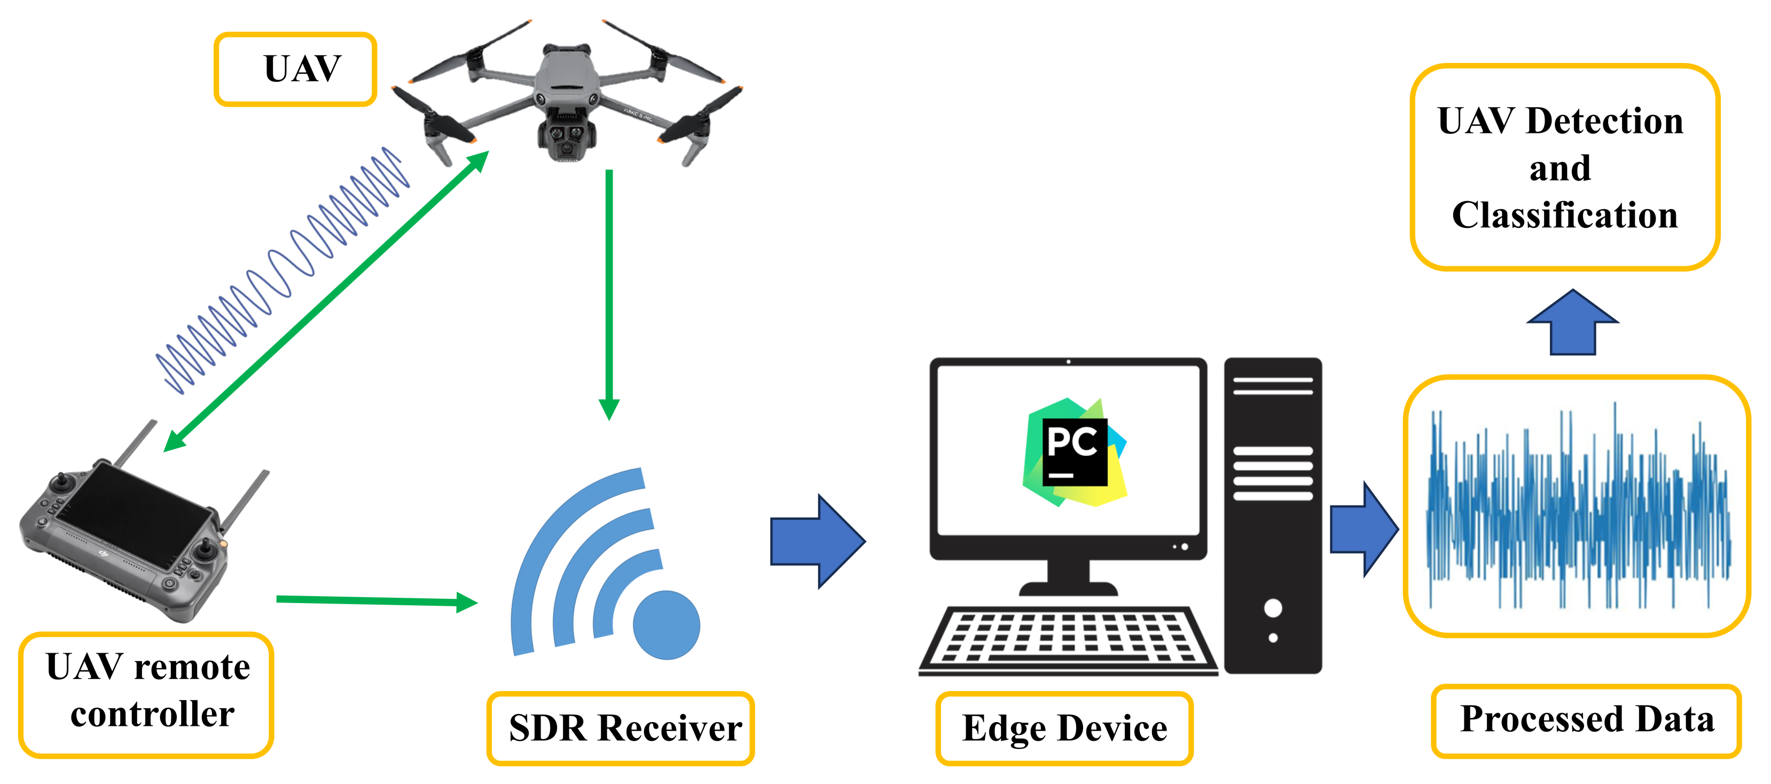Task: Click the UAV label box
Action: (x=296, y=69)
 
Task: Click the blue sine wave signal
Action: (x=282, y=272)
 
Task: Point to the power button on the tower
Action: (x=1273, y=608)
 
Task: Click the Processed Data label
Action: (x=1586, y=719)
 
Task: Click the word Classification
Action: (x=1565, y=215)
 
